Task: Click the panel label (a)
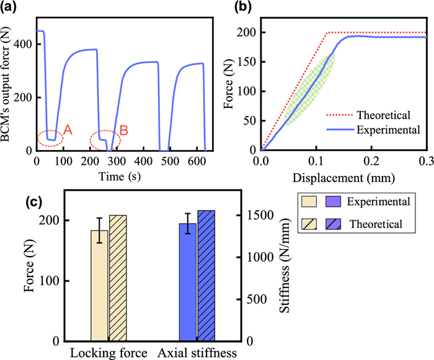pos(14,8)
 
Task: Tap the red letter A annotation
pos(68,130)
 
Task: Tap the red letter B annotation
pos(124,130)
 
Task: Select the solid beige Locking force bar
pos(99,285)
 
